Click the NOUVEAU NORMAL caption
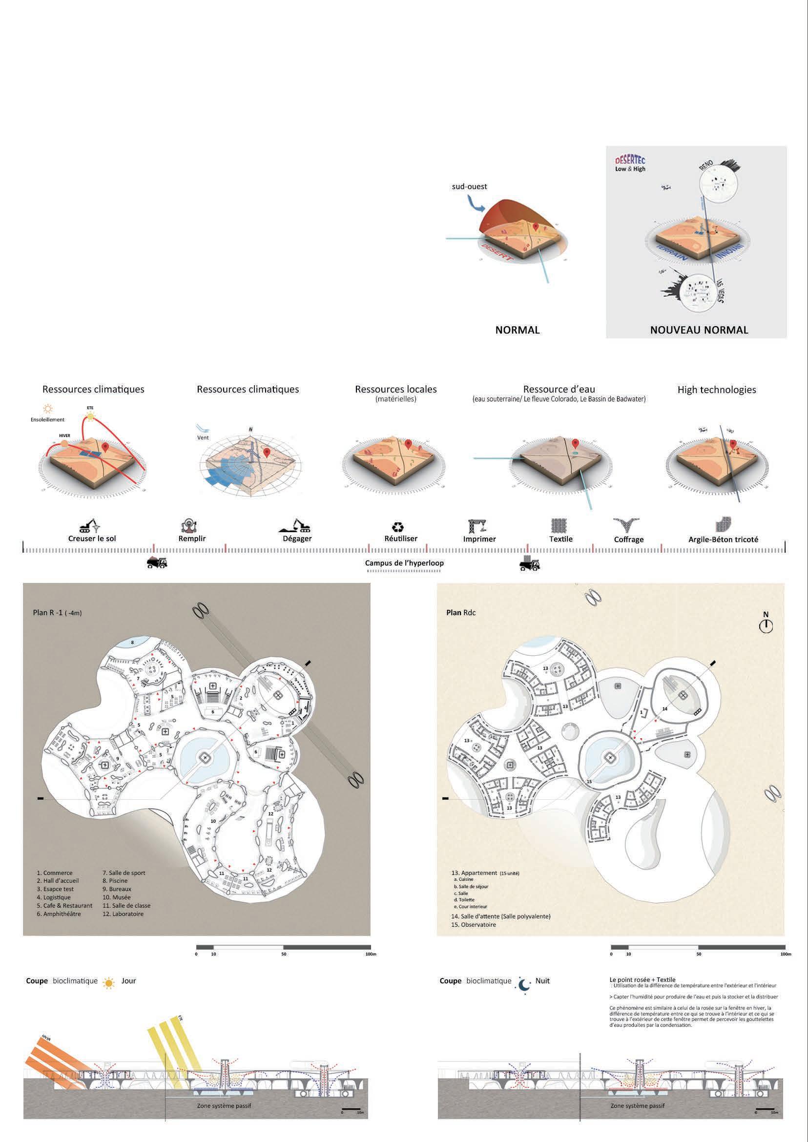(x=699, y=330)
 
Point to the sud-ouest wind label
(x=469, y=187)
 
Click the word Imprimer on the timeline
(x=479, y=539)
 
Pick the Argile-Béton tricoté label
(x=724, y=539)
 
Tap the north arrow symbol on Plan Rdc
(x=766, y=625)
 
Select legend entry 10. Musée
(x=116, y=897)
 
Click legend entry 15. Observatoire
(x=473, y=925)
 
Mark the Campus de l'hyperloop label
(x=404, y=563)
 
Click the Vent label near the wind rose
(x=204, y=438)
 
